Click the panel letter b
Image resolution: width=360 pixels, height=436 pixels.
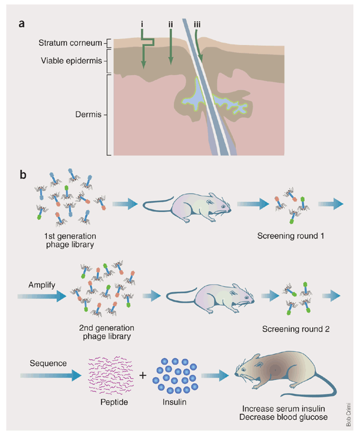click(x=23, y=175)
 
